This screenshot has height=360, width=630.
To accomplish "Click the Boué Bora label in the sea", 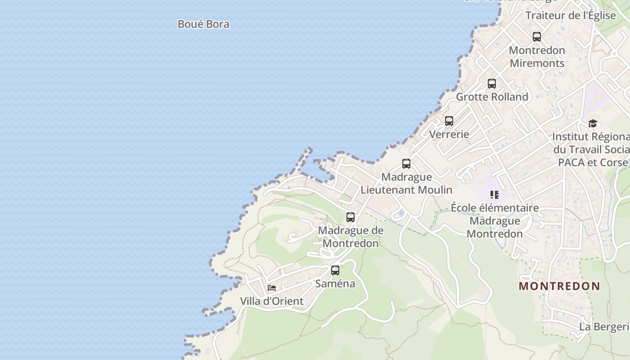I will pyautogui.click(x=203, y=24).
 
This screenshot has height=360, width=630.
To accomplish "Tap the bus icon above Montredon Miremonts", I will pyautogui.click(x=536, y=37).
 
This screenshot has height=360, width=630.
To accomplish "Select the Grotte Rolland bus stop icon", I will pyautogui.click(x=492, y=84).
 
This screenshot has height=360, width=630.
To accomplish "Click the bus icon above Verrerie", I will pyautogui.click(x=449, y=121).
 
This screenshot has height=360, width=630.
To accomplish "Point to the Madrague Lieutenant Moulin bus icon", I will pyautogui.click(x=406, y=164).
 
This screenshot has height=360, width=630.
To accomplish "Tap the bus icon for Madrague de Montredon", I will pyautogui.click(x=351, y=217).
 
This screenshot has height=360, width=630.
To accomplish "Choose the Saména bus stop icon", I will pyautogui.click(x=335, y=270).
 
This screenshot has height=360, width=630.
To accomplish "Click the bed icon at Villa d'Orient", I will pyautogui.click(x=272, y=288).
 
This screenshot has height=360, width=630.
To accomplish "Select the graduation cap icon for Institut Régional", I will pyautogui.click(x=593, y=123).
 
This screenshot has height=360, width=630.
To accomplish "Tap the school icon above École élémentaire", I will pyautogui.click(x=495, y=195).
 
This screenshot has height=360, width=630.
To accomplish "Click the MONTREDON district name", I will pyautogui.click(x=559, y=286).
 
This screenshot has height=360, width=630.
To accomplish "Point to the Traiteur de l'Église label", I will pyautogui.click(x=571, y=15).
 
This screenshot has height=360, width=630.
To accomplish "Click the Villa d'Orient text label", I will pyautogui.click(x=272, y=301).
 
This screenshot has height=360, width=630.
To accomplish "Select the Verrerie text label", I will pyautogui.click(x=449, y=134).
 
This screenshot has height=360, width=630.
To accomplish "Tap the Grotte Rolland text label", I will pyautogui.click(x=492, y=97).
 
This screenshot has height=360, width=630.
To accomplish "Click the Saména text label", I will pyautogui.click(x=335, y=283).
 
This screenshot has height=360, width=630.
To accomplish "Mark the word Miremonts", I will pyautogui.click(x=537, y=63).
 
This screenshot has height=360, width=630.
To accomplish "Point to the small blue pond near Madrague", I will pyautogui.click(x=400, y=213).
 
